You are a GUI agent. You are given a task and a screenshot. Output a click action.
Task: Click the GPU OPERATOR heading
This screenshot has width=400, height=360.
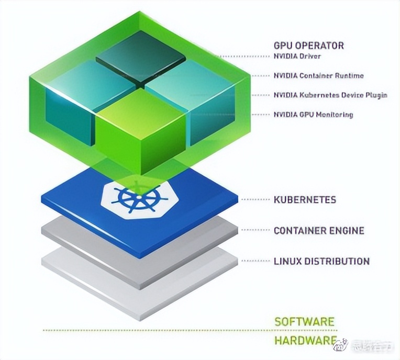(309, 45)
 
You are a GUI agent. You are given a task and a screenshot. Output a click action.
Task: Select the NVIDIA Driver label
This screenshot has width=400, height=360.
(297, 57)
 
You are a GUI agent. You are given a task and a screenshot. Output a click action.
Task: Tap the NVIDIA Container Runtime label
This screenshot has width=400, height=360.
(318, 76)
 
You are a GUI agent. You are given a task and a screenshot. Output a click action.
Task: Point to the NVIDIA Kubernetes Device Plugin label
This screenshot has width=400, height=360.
(330, 95)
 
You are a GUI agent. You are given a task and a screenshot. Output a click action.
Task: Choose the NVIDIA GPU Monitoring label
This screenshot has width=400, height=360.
(313, 115)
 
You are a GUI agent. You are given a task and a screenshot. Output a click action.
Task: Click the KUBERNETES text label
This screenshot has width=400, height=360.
(305, 199)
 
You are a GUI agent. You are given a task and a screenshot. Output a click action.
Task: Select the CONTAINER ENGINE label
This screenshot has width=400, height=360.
(319, 230)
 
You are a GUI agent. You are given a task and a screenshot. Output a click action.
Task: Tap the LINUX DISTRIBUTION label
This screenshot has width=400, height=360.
(321, 261)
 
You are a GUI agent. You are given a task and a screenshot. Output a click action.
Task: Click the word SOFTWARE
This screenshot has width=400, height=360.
(304, 321)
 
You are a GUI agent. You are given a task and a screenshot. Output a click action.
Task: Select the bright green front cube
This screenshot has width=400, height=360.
(140, 131)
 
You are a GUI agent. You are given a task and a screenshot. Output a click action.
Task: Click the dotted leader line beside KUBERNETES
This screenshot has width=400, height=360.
(254, 199)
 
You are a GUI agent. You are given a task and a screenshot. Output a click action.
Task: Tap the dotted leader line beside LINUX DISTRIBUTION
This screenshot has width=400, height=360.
(254, 261)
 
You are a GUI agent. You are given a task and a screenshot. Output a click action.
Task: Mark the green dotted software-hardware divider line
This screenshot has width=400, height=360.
(157, 330)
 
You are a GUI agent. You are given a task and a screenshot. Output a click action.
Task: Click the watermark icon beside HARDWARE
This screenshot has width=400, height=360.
(341, 343)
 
